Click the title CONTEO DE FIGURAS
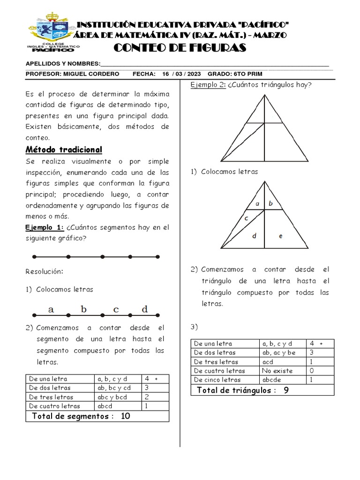tap(180, 48)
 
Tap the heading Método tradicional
tap(63, 150)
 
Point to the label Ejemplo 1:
tap(45, 227)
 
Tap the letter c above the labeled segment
tap(116, 309)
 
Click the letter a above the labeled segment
tap(51, 309)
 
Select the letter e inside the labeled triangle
tap(280, 236)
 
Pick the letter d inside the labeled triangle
tap(254, 236)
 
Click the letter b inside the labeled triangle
tap(271, 203)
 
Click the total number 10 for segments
tap(125, 416)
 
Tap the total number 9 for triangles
tap(286, 390)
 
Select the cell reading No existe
tap(277, 371)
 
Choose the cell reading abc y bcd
tap(113, 397)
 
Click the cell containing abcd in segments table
tap(105, 406)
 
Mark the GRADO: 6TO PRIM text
tap(235, 74)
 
